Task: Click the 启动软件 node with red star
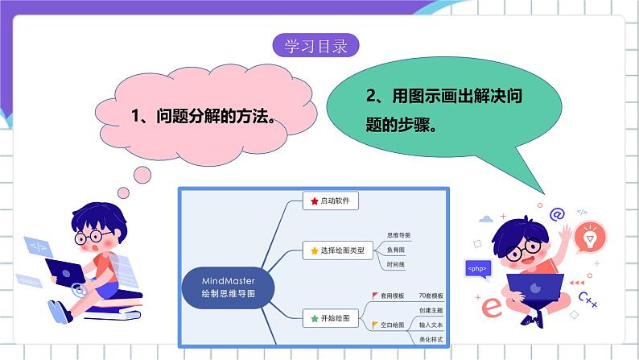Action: [x=331, y=201]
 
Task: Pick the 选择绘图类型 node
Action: [x=337, y=250]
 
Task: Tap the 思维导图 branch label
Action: [x=398, y=235]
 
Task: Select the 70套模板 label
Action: [x=431, y=296]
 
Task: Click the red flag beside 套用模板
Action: [x=374, y=296]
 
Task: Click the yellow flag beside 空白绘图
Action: [x=374, y=325]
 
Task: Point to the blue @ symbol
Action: [x=557, y=213]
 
